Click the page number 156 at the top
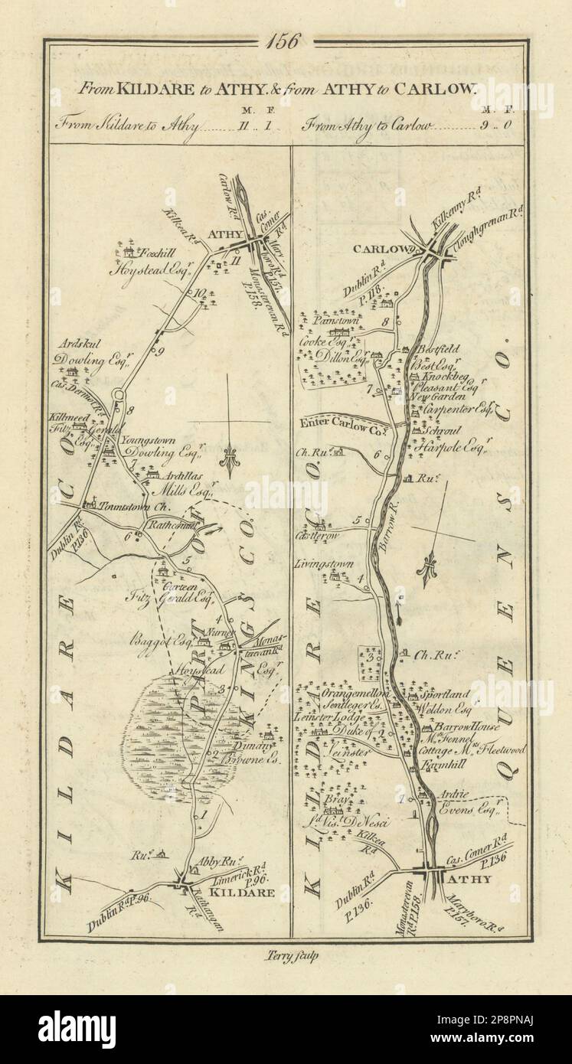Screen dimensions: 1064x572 pyautogui.click(x=286, y=41)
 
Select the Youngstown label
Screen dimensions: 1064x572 pyautogui.click(x=149, y=442)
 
